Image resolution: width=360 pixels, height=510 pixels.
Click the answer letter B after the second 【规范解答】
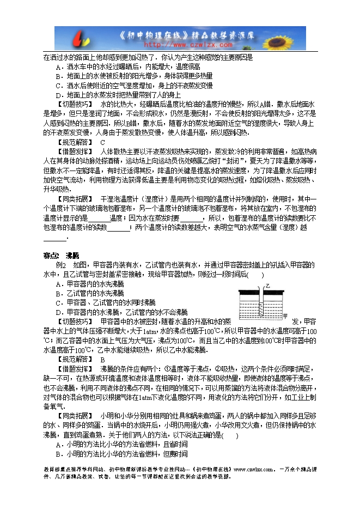[x=102, y=359]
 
